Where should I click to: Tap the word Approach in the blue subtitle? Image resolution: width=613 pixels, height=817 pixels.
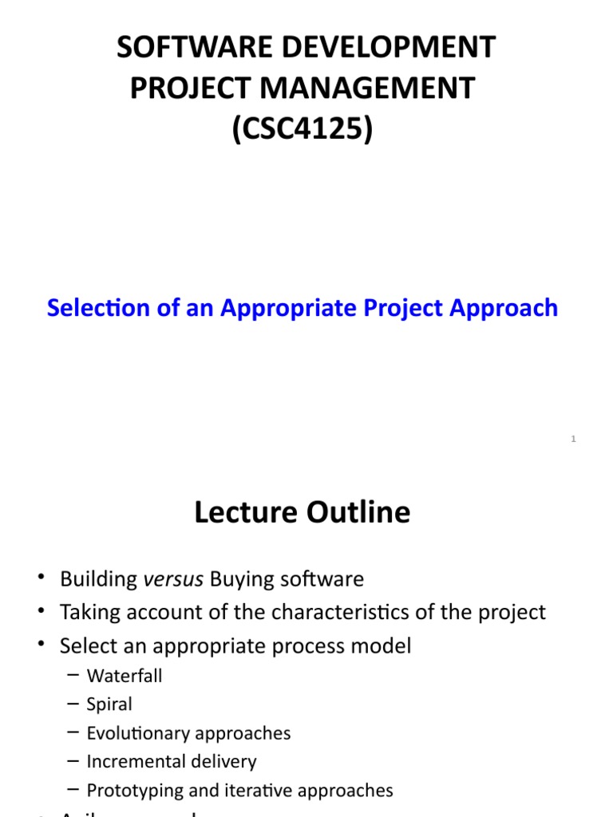[x=508, y=308]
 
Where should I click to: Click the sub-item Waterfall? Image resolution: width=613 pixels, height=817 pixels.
[x=125, y=676]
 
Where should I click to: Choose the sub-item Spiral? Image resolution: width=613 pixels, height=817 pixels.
[x=109, y=705]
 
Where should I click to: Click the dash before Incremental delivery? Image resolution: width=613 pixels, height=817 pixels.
[x=73, y=761]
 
